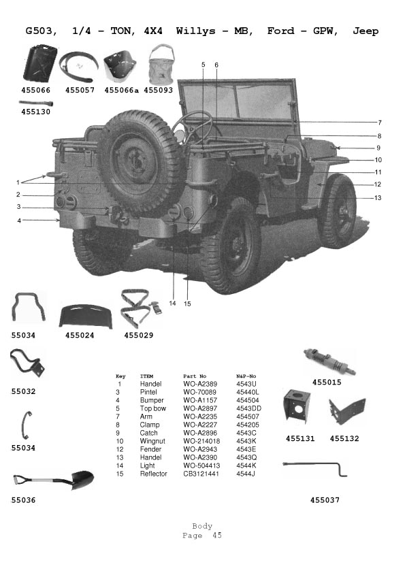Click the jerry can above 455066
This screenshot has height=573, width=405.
tap(40, 63)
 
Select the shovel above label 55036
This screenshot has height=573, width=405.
tap(53, 480)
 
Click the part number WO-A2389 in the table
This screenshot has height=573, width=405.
tap(200, 384)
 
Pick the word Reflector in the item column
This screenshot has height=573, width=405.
tap(153, 474)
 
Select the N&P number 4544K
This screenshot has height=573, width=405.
tap(246, 465)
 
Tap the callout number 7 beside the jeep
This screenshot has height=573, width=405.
tap(380, 122)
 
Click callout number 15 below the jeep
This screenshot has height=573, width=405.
tap(187, 304)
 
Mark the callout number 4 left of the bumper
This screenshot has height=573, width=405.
tap(19, 220)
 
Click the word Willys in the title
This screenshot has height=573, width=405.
tap(195, 31)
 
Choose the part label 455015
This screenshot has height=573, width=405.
tap(327, 382)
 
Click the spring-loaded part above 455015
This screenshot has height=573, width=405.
tap(329, 362)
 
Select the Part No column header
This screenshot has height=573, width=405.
tap(195, 376)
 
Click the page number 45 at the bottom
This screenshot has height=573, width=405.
tap(217, 536)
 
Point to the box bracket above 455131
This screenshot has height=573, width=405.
tap(297, 406)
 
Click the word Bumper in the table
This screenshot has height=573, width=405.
tap(152, 401)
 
